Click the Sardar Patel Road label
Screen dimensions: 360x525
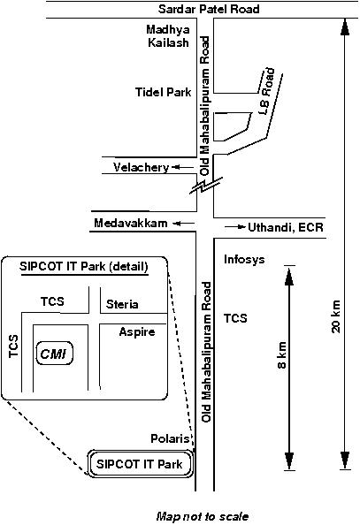pos(209,9)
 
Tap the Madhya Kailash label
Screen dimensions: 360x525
pos(168,36)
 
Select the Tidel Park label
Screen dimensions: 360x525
pos(164,92)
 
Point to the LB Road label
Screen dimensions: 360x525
pos(267,91)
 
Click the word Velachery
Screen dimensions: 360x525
pos(141,167)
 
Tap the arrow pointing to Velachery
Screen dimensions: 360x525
pos(183,167)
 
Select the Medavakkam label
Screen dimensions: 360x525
pos(131,223)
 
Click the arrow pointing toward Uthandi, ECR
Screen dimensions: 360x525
pos(235,227)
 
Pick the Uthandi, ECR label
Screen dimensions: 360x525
pos(286,227)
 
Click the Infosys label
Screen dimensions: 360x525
pos(244,259)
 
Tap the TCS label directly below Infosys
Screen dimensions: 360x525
pos(235,318)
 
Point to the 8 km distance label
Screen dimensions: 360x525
pos(282,355)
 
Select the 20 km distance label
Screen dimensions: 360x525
pos(336,316)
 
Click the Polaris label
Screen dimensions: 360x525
pos(171,438)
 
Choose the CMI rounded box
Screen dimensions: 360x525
pos(54,354)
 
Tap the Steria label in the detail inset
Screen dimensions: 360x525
pos(122,304)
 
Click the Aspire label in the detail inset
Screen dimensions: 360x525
pos(137,332)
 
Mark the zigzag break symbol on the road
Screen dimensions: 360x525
pos(205,186)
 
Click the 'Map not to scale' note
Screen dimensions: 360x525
pos(203,516)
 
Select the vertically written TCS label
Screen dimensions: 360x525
pos(14,346)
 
